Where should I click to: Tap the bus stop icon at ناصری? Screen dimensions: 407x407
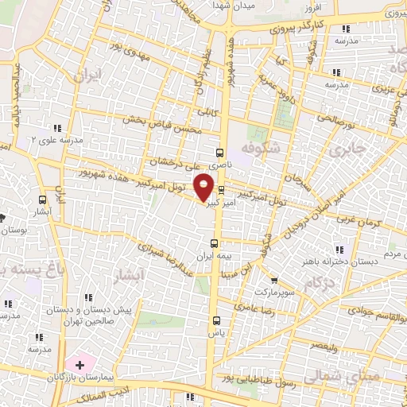click(x=220, y=152)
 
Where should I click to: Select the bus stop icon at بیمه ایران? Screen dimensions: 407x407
click(x=213, y=244)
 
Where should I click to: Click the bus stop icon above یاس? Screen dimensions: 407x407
click(x=215, y=320)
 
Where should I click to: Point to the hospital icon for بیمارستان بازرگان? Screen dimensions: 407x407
click(x=80, y=365)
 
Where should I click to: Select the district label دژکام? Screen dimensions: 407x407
click(x=318, y=283)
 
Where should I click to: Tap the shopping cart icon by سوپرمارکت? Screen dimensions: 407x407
click(x=274, y=281)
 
